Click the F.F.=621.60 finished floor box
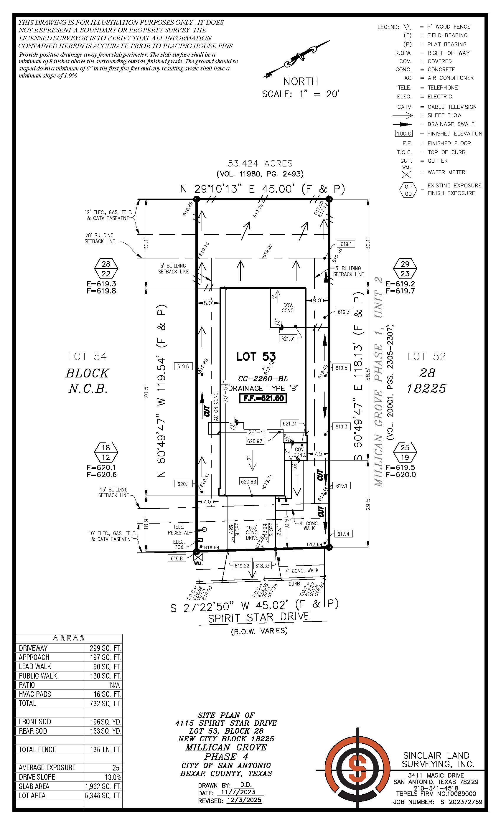coord(263,398)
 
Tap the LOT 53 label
coord(256,357)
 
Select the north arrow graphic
coord(298,59)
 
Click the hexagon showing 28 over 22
coord(106,268)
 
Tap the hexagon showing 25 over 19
coord(405,452)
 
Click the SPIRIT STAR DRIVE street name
coord(259,617)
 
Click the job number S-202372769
coord(459,802)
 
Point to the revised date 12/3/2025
coord(244,800)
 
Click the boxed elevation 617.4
coord(343,534)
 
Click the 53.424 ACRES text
coord(260,164)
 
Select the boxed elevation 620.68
coord(248,481)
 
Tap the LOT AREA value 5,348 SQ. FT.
coord(103,796)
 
